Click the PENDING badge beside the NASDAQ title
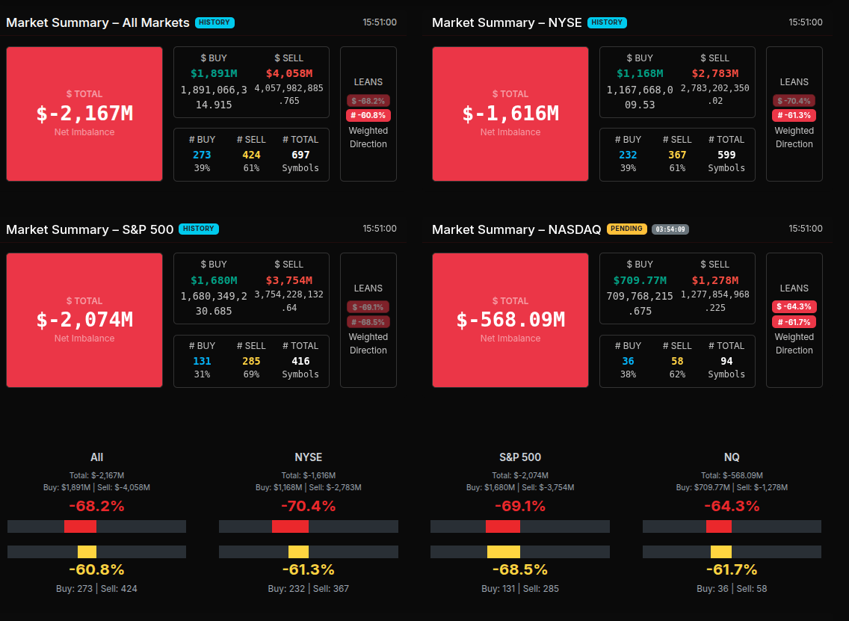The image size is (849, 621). pyautogui.click(x=626, y=229)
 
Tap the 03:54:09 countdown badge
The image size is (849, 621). pyautogui.click(x=670, y=229)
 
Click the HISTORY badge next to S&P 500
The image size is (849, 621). pyautogui.click(x=199, y=229)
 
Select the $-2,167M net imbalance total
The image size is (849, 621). pyautogui.click(x=84, y=114)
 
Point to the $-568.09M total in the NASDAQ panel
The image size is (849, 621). pyautogui.click(x=510, y=320)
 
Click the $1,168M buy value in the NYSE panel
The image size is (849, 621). pyautogui.click(x=640, y=73)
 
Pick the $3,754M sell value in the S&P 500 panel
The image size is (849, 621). pyautogui.click(x=289, y=280)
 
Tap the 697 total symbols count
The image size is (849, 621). pyautogui.click(x=300, y=155)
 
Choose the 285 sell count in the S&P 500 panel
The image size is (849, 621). pyautogui.click(x=251, y=361)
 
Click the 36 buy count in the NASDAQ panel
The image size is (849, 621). pyautogui.click(x=628, y=361)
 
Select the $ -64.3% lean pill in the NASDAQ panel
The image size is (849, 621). pyautogui.click(x=794, y=306)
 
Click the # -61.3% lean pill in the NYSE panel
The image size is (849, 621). pyautogui.click(x=794, y=115)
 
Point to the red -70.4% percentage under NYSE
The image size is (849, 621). pyautogui.click(x=308, y=507)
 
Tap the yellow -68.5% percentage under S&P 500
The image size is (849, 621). pyautogui.click(x=520, y=569)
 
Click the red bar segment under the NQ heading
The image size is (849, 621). pyautogui.click(x=719, y=526)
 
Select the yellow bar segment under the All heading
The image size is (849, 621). pyautogui.click(x=87, y=552)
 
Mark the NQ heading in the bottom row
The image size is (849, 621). pyautogui.click(x=732, y=457)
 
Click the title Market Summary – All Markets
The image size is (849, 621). pyautogui.click(x=98, y=22)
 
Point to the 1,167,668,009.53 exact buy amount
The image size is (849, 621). pyautogui.click(x=640, y=97)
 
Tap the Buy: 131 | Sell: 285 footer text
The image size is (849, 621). pyautogui.click(x=520, y=589)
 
